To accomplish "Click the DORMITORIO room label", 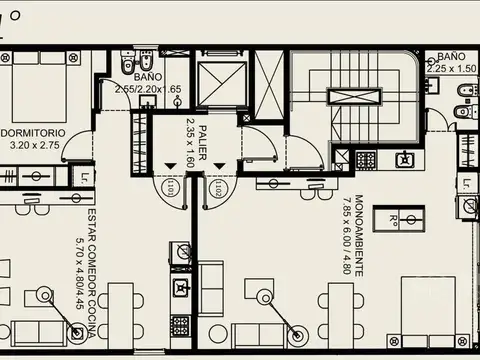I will tap(34, 132).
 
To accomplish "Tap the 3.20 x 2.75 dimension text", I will tap(34, 144).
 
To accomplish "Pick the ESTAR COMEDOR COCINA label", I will tap(91, 259).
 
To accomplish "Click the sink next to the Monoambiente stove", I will tap(404, 159).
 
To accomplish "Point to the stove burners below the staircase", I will tap(366, 159).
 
